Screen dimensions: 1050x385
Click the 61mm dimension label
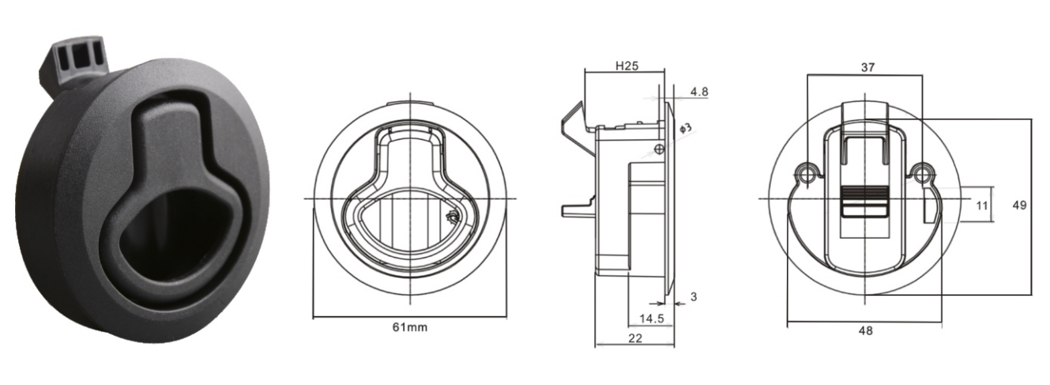coord(410,327)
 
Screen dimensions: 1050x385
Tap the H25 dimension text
coord(627,66)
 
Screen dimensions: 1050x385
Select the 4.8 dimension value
coord(699,92)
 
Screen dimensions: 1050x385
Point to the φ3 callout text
coord(685,128)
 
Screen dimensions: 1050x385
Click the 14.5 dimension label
coord(652,319)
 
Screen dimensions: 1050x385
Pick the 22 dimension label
coord(635,338)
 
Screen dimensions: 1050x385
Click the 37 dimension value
coord(867,67)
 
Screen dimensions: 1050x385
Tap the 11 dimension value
coord(981,206)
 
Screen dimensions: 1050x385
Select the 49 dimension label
coord(1019,205)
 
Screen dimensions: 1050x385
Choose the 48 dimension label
coord(865,330)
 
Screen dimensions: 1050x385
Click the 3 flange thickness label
coord(694,296)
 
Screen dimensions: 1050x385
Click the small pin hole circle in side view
coord(659,149)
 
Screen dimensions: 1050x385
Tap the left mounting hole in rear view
coord(806,175)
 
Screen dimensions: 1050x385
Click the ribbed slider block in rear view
coord(864,202)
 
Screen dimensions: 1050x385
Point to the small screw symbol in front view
coord(453,217)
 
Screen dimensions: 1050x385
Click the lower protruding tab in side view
coord(578,209)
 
